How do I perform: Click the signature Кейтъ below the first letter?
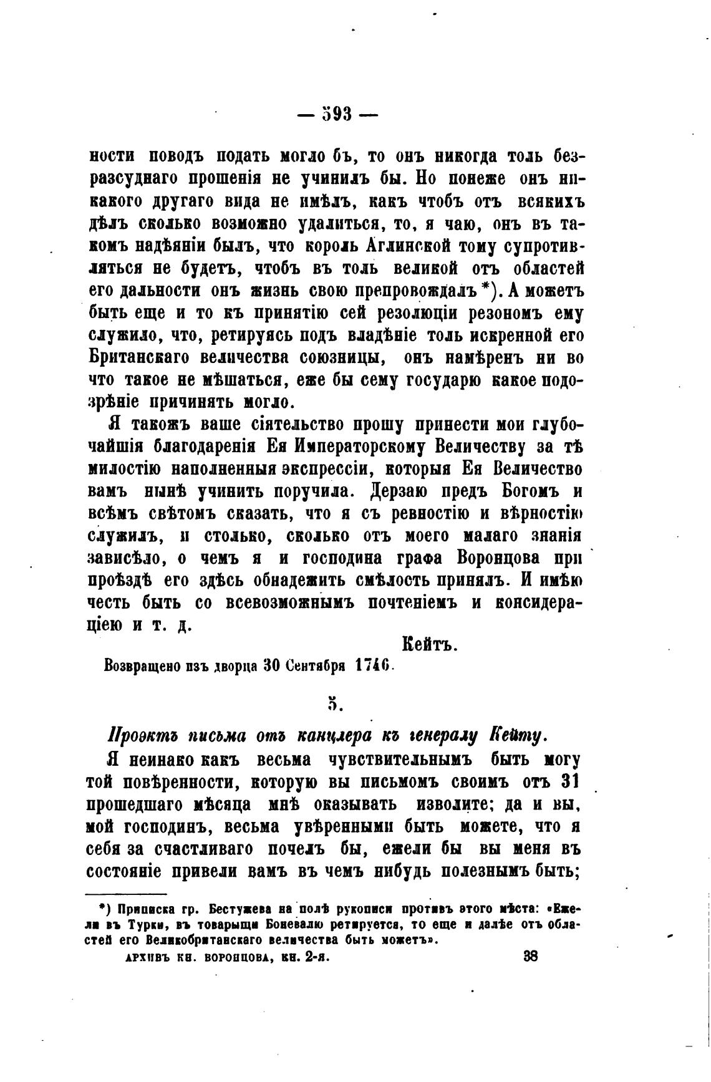[430, 645]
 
